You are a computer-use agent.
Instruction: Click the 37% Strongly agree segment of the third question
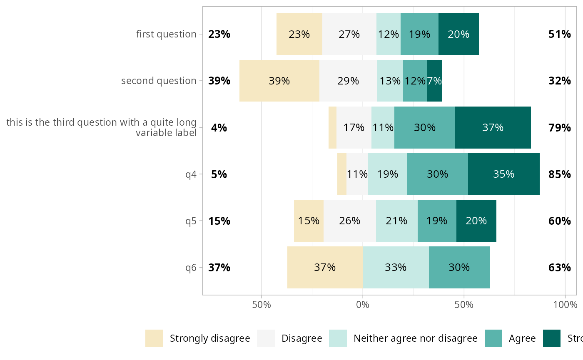493,127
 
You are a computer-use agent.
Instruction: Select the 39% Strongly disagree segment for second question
279,81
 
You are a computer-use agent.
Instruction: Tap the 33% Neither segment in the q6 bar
396,267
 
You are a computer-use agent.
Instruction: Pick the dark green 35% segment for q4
503,174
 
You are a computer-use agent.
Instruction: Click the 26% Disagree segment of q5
349,221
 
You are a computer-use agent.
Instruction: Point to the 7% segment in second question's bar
435,81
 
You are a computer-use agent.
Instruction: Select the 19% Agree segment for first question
419,34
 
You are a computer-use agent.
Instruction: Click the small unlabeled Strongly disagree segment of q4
342,174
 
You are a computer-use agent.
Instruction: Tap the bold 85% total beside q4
559,174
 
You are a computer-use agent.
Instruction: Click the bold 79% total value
559,127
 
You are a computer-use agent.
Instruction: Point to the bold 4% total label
219,127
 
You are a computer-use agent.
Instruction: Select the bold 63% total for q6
559,267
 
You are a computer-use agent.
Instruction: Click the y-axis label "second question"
159,81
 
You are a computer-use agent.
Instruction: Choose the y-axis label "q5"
191,221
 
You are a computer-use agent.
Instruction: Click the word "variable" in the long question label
151,133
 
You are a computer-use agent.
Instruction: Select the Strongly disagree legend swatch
154,338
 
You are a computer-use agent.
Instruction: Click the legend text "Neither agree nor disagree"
415,338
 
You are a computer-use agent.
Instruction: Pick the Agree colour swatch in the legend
493,338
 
